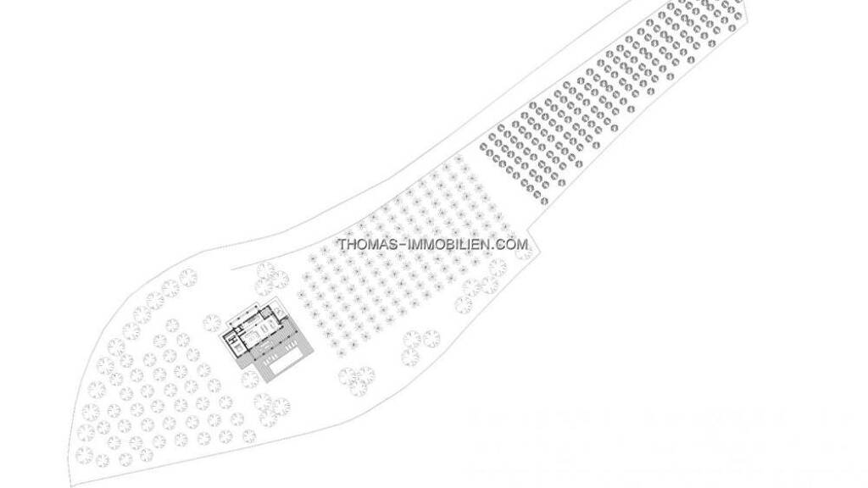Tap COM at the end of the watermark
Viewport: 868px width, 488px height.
coord(512,244)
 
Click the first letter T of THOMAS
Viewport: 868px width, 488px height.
coord(342,244)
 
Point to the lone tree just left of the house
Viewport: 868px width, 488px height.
coord(211,323)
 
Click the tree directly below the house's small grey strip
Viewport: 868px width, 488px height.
coord(250,380)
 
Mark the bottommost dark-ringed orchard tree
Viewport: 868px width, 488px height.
coord(544,201)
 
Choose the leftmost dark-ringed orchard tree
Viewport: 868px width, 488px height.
coord(482,147)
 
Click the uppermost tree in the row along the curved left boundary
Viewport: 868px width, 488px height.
coord(188,277)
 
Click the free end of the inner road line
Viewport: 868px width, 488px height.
coord(231,269)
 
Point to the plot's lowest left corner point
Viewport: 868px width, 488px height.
coord(70,485)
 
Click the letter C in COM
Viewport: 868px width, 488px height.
coord(502,244)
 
